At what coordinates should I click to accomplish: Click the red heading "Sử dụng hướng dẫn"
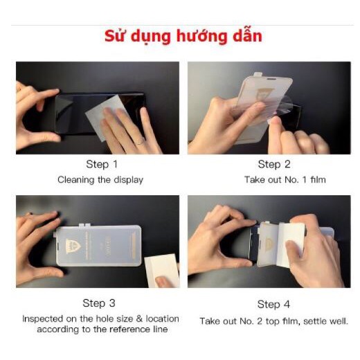pos(183,36)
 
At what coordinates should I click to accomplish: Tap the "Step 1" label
pos(102,164)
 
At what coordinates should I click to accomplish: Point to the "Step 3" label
pos(100,303)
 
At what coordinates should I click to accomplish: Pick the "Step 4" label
pos(274,305)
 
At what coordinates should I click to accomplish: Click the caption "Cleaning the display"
pos(100,180)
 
